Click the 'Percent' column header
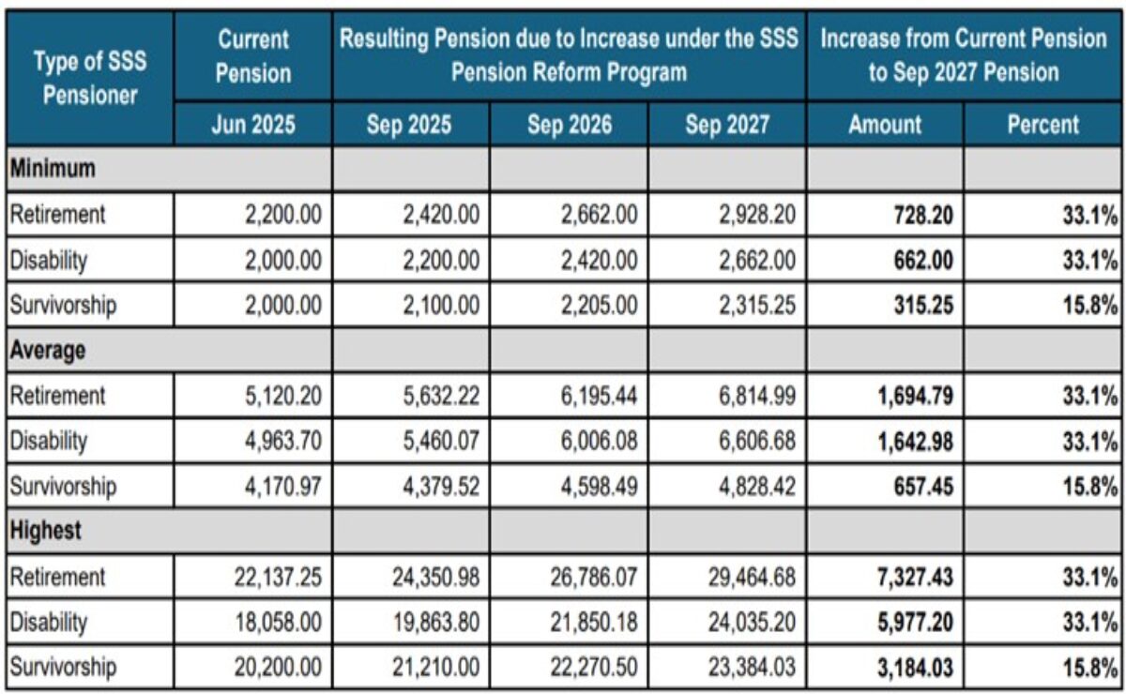click(1043, 125)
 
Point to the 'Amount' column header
click(884, 125)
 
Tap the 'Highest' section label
click(45, 531)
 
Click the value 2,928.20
click(756, 216)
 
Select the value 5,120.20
click(283, 396)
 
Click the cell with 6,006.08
click(599, 441)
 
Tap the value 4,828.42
click(756, 486)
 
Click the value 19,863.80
click(435, 622)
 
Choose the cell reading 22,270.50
click(593, 667)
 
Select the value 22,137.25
click(278, 576)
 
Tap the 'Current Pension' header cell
click(253, 56)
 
